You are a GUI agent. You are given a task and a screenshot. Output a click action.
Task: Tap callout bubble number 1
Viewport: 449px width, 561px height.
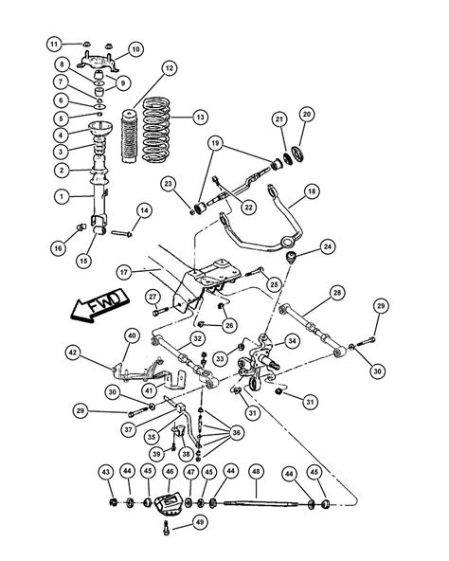click(60, 198)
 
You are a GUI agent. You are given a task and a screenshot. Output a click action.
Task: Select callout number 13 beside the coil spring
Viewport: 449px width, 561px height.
click(199, 117)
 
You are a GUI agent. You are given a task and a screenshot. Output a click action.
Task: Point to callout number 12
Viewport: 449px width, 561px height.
click(169, 68)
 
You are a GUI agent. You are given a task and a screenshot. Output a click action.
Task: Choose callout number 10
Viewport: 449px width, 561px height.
click(135, 49)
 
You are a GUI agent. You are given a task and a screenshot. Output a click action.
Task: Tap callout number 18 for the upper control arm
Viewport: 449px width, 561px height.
click(312, 192)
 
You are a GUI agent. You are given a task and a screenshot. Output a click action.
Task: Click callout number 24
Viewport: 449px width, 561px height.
click(327, 247)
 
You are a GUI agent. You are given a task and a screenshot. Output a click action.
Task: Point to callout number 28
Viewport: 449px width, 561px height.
click(336, 295)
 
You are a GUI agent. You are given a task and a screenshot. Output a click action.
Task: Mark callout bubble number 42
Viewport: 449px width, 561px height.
click(72, 353)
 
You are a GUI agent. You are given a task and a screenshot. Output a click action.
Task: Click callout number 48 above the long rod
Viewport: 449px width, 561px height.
click(255, 471)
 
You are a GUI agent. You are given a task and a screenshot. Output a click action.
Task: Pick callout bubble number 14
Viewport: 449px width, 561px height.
click(145, 209)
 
